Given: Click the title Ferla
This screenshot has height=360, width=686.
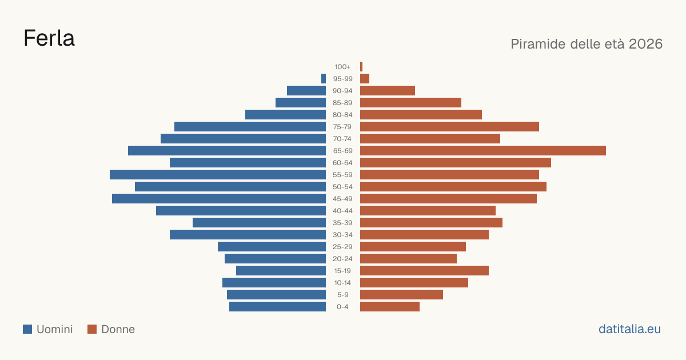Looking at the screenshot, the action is pyautogui.click(x=49, y=38).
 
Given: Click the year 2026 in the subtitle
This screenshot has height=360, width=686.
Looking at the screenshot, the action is pyautogui.click(x=645, y=44).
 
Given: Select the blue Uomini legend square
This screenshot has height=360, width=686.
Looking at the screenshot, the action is pyautogui.click(x=27, y=329).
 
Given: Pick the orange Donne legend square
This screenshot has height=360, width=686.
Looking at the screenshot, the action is pyautogui.click(x=92, y=329).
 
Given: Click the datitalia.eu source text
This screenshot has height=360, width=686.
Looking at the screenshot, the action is pyautogui.click(x=629, y=329).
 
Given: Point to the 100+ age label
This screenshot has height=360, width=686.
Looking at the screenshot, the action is pyautogui.click(x=342, y=67).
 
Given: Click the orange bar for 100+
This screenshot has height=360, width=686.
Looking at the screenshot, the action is pyautogui.click(x=361, y=67).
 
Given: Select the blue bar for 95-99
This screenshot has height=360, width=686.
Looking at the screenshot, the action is pyautogui.click(x=324, y=79).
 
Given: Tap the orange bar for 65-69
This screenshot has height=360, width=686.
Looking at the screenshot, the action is pyautogui.click(x=483, y=151).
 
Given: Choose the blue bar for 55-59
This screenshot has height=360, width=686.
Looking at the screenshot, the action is pyautogui.click(x=218, y=175).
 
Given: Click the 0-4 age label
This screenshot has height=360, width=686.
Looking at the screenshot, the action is pyautogui.click(x=342, y=307).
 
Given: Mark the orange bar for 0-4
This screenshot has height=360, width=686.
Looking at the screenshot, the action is pyautogui.click(x=390, y=307).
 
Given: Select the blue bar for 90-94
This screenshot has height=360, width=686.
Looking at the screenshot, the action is pyautogui.click(x=306, y=91).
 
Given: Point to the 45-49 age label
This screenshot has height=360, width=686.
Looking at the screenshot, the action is pyautogui.click(x=342, y=199).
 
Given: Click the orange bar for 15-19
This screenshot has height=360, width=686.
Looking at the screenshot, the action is pyautogui.click(x=424, y=271).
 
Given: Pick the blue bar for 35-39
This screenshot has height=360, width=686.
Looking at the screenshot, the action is pyautogui.click(x=259, y=222).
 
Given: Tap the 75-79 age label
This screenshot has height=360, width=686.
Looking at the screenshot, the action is pyautogui.click(x=342, y=127).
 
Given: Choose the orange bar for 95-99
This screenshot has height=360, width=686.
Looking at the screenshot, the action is pyautogui.click(x=365, y=79).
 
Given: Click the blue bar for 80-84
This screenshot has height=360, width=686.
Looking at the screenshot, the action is pyautogui.click(x=285, y=115).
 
